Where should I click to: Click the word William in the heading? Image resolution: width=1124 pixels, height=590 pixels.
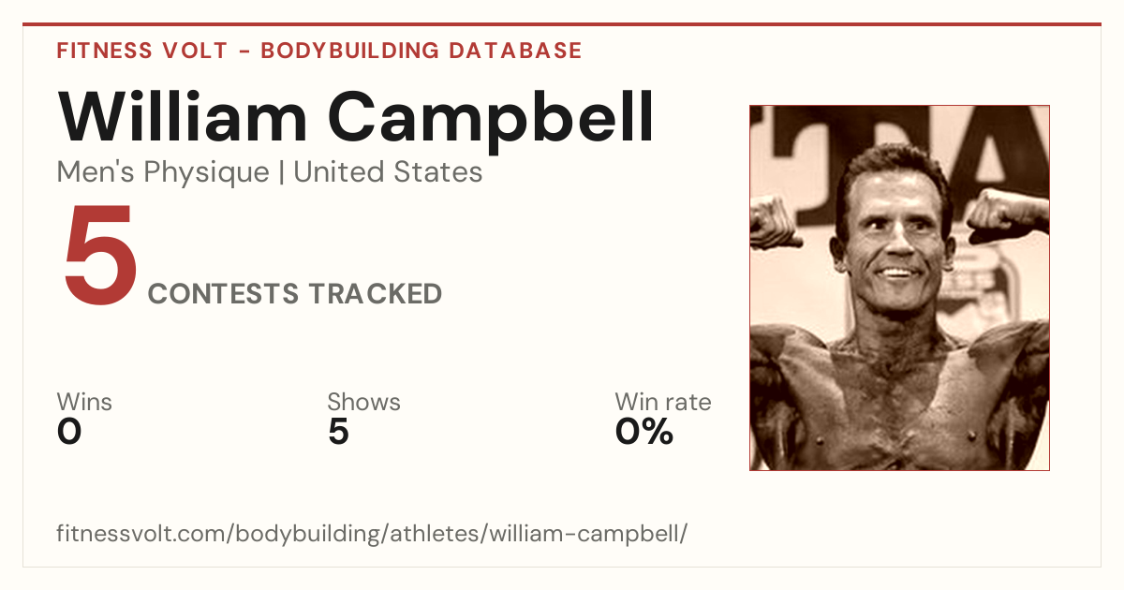pyautogui.click(x=182, y=117)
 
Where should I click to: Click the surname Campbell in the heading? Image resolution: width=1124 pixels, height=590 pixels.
pyautogui.click(x=491, y=122)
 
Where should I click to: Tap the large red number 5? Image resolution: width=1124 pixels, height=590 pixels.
pyautogui.click(x=101, y=255)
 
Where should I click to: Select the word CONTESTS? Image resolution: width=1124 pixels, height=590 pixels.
pyautogui.click(x=223, y=293)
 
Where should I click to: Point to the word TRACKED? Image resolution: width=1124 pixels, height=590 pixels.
pyautogui.click(x=376, y=293)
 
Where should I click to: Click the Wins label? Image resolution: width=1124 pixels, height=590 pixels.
pyautogui.click(x=84, y=402)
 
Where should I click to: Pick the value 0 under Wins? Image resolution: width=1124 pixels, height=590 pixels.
pyautogui.click(x=69, y=432)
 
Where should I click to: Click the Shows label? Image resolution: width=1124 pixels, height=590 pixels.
pyautogui.click(x=363, y=402)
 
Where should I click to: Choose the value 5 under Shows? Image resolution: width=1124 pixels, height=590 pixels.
pyautogui.click(x=339, y=432)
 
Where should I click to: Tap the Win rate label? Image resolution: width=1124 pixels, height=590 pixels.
pyautogui.click(x=663, y=402)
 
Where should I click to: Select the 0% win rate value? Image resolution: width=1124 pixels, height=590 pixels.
pyautogui.click(x=644, y=432)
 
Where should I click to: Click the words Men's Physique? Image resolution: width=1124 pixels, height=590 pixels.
pyautogui.click(x=163, y=172)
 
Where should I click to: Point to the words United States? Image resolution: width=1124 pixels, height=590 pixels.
pyautogui.click(x=388, y=171)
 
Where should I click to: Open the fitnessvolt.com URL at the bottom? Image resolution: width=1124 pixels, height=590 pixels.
pyautogui.click(x=372, y=533)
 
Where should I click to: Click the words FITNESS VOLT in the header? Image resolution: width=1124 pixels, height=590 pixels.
pyautogui.click(x=142, y=51)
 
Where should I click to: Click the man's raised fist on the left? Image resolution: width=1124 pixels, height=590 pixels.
pyautogui.click(x=774, y=221)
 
